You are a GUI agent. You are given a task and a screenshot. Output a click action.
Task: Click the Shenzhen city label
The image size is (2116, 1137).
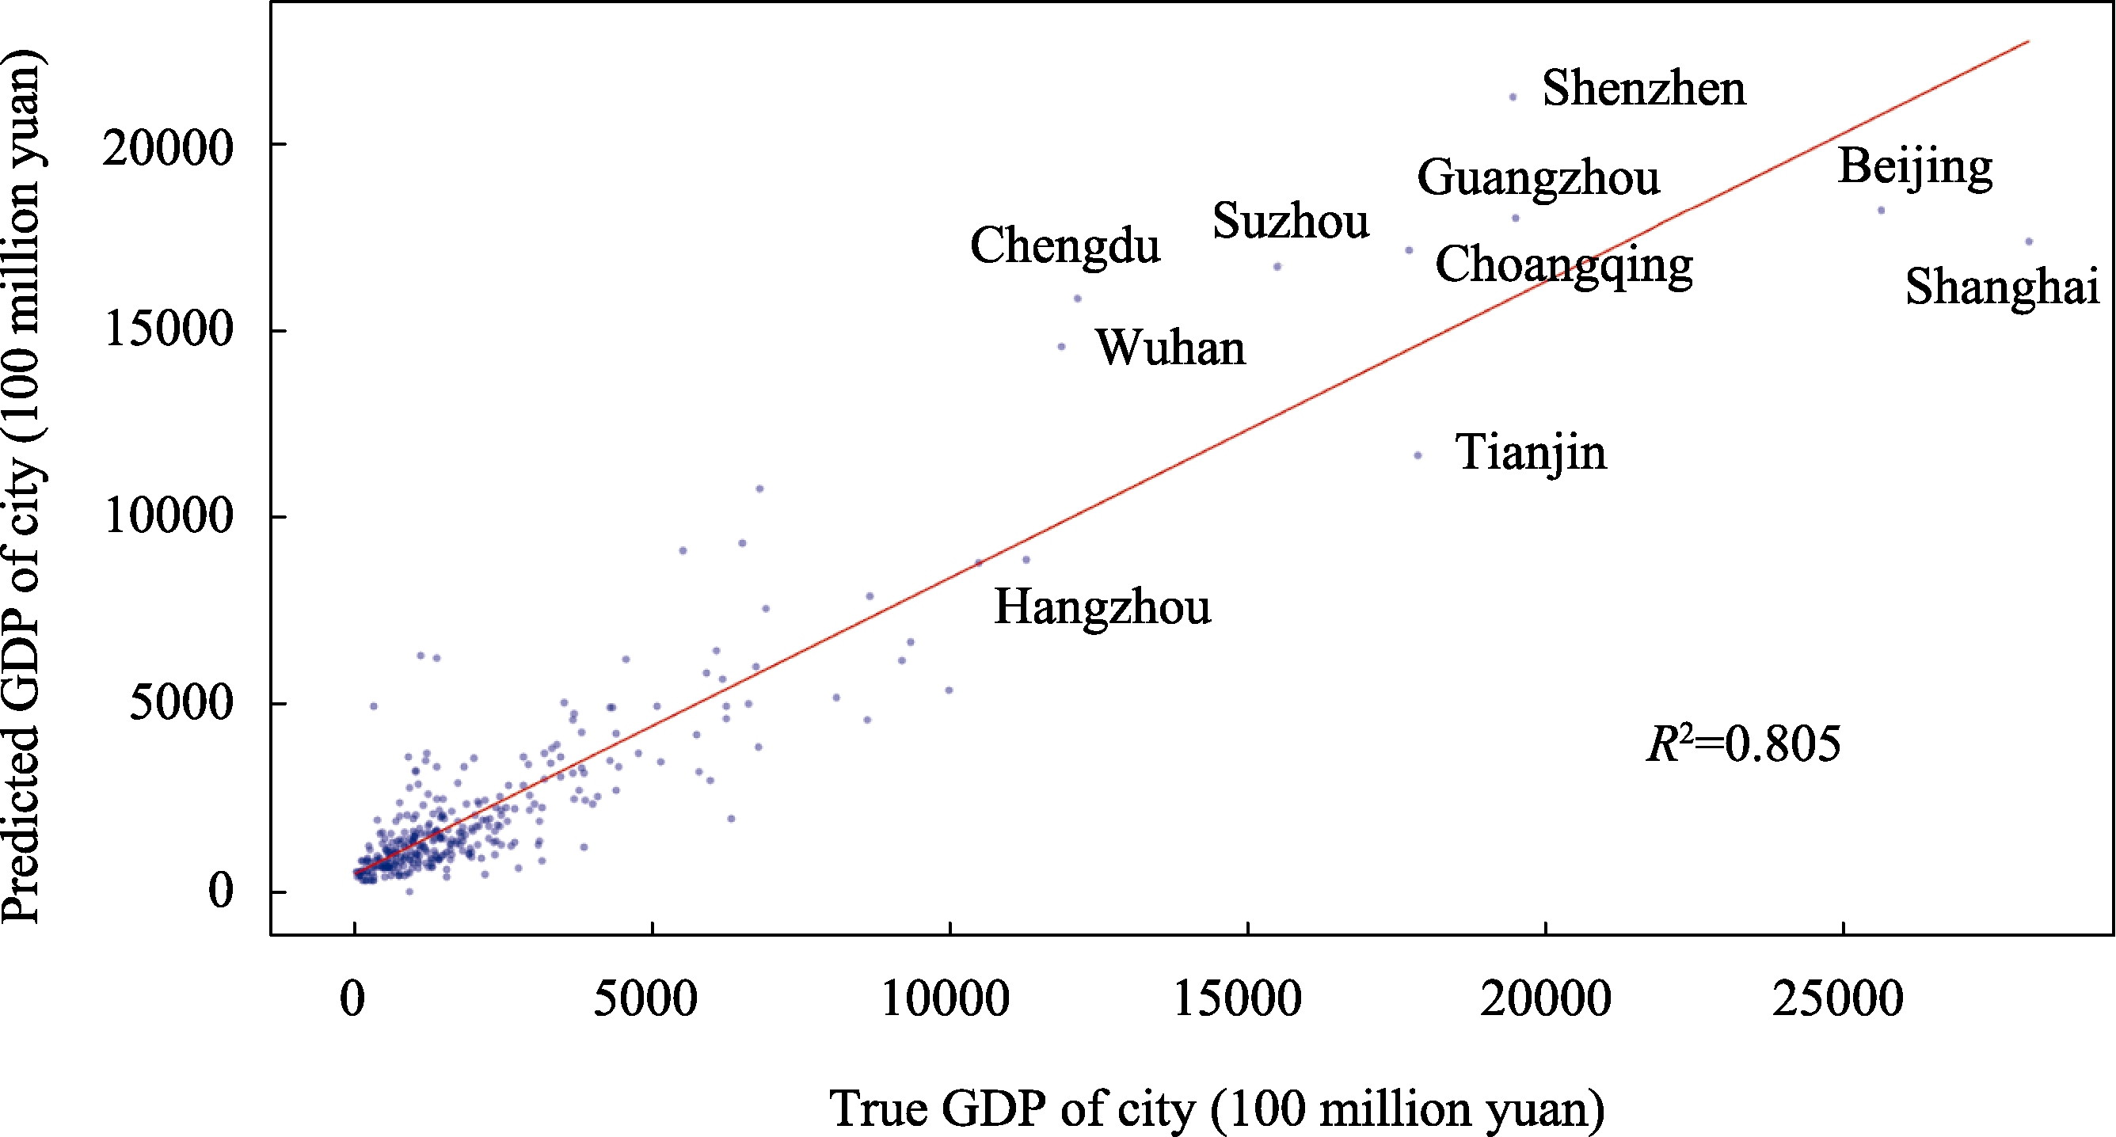pos(1644,88)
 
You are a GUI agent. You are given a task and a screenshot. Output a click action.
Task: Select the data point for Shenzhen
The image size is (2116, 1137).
pos(1513,97)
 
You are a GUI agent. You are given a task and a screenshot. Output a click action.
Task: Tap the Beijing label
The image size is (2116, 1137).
pos(1915,167)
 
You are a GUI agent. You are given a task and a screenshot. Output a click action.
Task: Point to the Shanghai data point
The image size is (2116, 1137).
pos(2029,241)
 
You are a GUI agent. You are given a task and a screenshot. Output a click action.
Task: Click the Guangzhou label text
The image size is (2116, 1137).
pos(1538,178)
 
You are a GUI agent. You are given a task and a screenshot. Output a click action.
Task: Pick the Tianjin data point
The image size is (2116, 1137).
pos(1418,455)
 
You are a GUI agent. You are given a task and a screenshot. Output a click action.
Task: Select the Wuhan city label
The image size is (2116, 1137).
pos(1170,348)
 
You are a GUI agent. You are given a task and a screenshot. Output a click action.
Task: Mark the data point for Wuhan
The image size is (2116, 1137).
pos(1061,347)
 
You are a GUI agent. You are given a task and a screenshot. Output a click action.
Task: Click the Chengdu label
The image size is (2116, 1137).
pos(1064,245)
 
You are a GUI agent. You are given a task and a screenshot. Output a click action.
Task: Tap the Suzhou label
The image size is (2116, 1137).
pos(1291,221)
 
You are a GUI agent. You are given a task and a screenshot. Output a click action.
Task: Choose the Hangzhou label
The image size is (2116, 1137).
pos(1102,607)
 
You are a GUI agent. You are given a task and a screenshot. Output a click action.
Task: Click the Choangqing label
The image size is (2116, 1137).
pos(1563,265)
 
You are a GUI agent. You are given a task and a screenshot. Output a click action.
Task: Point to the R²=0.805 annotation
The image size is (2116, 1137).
pos(1743,743)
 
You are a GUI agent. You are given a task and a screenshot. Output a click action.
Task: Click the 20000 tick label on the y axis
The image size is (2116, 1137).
pos(169,149)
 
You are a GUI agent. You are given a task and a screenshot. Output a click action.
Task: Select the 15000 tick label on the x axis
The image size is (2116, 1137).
pos(1238,999)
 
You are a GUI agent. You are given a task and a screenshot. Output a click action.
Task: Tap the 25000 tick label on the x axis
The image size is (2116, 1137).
pos(1837,999)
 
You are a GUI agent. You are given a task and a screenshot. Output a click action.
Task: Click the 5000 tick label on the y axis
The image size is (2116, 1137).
pos(181,703)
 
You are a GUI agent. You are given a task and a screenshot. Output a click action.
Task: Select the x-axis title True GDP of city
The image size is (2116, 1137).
pos(1216,1108)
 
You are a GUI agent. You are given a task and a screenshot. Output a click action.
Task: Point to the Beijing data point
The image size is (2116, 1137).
pos(1882,211)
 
